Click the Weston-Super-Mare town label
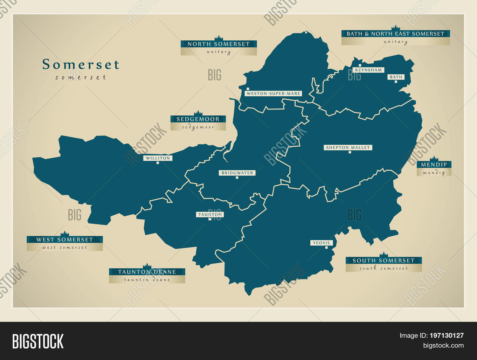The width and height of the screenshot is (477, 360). (273, 93)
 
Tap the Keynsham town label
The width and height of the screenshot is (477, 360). (369, 70)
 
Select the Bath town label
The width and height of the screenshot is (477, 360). (396, 77)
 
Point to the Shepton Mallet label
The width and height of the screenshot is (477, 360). (348, 148)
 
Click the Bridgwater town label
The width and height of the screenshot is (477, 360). (237, 173)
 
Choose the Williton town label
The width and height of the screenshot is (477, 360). (158, 158)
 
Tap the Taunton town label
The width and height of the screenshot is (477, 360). (210, 215)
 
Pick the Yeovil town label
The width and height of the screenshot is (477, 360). (322, 243)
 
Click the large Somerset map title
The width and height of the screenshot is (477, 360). (81, 65)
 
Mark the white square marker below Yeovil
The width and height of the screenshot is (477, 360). (326, 247)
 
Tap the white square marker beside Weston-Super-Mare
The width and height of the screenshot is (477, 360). (248, 89)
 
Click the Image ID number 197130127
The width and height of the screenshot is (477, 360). (446, 336)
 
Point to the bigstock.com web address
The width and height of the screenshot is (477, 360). (443, 345)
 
